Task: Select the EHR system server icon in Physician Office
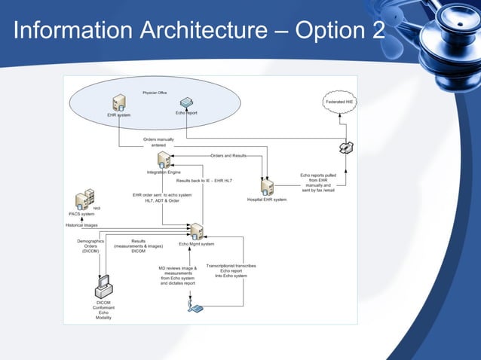tap(118, 103)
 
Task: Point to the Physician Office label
tap(155, 93)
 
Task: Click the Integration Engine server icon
tap(162, 161)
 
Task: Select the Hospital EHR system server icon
tap(267, 188)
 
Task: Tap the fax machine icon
tap(346, 147)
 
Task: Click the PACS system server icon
tap(84, 200)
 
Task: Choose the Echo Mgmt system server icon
tap(196, 230)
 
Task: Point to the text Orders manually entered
tap(159, 142)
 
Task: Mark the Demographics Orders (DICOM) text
tap(90, 246)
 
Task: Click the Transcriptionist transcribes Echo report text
tap(231, 270)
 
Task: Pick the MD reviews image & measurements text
tap(177, 276)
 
